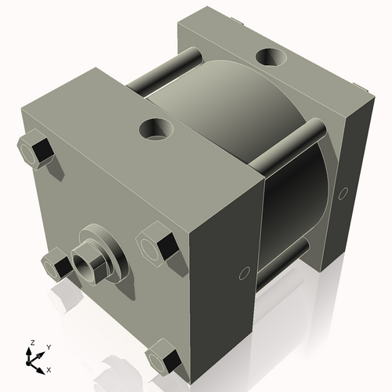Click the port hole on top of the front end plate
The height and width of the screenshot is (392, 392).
click(157, 127)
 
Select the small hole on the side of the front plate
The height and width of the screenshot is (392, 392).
click(243, 274)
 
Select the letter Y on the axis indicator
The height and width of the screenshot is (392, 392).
click(48, 347)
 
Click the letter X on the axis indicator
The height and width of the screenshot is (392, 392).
click(49, 368)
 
